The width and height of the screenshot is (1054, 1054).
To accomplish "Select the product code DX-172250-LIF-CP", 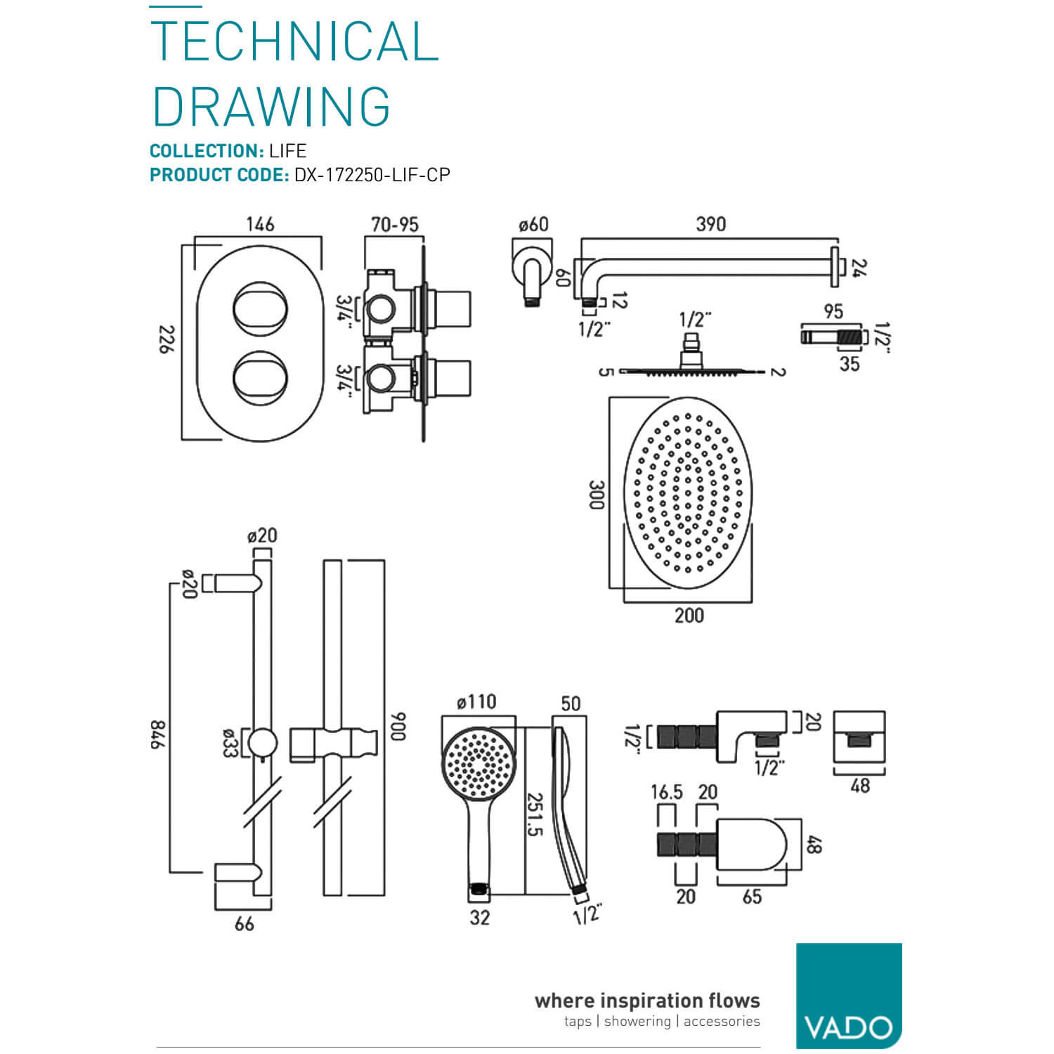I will pos(372,175).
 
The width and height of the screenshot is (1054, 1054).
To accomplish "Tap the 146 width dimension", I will pos(260,224).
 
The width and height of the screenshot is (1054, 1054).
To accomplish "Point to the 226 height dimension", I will pos(164,339).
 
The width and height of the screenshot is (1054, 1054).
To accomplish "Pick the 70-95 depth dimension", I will pos(395,224).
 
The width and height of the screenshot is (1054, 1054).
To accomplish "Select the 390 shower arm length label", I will pos(710,224).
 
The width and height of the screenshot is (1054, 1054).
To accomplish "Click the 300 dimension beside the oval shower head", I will pos(596,495).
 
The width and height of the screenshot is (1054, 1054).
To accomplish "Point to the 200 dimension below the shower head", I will pos(689,616).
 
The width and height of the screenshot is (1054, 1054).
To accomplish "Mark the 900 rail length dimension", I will pos(398,727).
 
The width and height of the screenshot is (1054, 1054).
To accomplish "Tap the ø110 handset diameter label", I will pos(476,702).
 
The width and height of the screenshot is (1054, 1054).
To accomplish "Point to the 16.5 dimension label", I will pos(666,793).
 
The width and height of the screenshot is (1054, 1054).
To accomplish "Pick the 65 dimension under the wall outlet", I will pos(752,897).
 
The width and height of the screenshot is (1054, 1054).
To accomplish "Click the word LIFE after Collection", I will pos(287,151).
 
